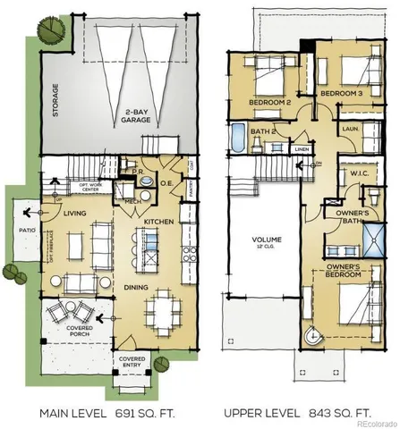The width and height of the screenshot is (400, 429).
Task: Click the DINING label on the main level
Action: [137, 287]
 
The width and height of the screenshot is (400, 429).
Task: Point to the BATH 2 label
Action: [261, 132]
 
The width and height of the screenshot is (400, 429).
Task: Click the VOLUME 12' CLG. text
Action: [266, 243]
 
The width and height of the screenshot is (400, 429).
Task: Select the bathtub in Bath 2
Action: [238, 139]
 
